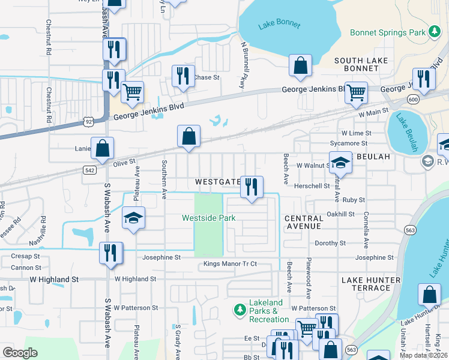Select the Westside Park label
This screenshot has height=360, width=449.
pos(209,218)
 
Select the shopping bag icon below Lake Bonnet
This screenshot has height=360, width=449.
pos(300,65)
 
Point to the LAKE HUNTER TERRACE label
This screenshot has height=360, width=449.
pos(370,284)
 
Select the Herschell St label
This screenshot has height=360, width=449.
pos(312,186)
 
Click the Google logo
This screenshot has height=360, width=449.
pos(20,352)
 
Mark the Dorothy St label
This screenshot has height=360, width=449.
pos(330,243)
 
